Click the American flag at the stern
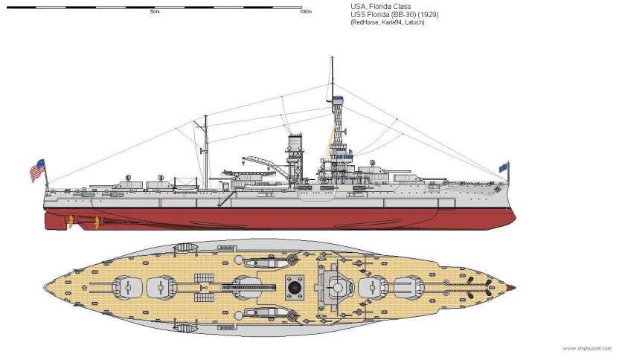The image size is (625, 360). (x=37, y=170)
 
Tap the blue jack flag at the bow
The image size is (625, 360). (x=504, y=167)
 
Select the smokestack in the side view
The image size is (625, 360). (x=295, y=155)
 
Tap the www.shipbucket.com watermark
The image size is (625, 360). (x=588, y=348)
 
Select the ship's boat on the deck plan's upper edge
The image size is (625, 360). (x=185, y=250)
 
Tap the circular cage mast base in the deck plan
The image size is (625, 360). (x=337, y=286)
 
